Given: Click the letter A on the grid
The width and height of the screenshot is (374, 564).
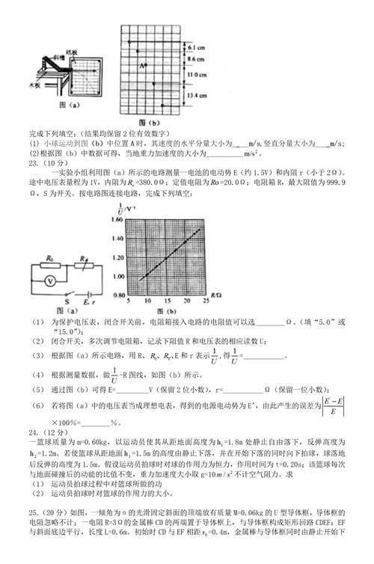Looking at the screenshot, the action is (140, 65).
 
